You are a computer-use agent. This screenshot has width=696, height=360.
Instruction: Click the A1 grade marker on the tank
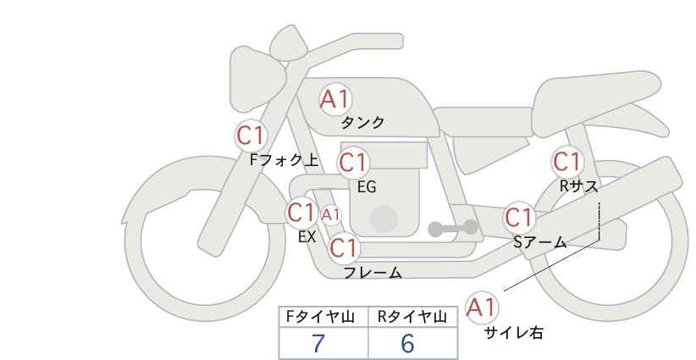(x=335, y=99)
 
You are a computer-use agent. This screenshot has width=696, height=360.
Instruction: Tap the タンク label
(x=362, y=123)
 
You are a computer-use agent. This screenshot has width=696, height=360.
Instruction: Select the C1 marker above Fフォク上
(x=251, y=136)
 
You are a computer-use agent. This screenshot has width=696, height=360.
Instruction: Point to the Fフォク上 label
(x=284, y=160)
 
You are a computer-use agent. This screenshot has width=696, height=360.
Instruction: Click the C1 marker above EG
(x=353, y=163)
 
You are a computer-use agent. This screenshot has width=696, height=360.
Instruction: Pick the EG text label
(x=367, y=187)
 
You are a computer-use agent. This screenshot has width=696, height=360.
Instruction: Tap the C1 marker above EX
(x=301, y=213)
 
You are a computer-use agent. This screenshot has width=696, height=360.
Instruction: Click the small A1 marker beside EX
(x=331, y=215)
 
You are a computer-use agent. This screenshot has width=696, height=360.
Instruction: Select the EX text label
(x=307, y=236)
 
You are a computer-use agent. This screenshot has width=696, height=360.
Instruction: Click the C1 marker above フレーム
(x=344, y=247)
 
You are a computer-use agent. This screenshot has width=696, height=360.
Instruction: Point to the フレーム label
(x=373, y=273)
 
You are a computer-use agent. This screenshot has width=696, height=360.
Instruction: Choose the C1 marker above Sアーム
(x=519, y=218)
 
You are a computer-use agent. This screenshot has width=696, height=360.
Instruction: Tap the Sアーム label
(x=539, y=242)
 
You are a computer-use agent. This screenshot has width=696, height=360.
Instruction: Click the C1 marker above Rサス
(x=567, y=162)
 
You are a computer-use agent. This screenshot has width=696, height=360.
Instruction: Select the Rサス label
(x=578, y=186)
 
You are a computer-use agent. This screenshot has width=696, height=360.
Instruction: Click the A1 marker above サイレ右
(x=482, y=307)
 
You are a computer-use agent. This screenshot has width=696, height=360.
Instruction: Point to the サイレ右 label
(x=514, y=333)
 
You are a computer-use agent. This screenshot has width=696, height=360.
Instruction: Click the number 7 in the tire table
(x=318, y=343)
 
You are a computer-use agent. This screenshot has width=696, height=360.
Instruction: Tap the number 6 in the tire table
(x=407, y=343)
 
